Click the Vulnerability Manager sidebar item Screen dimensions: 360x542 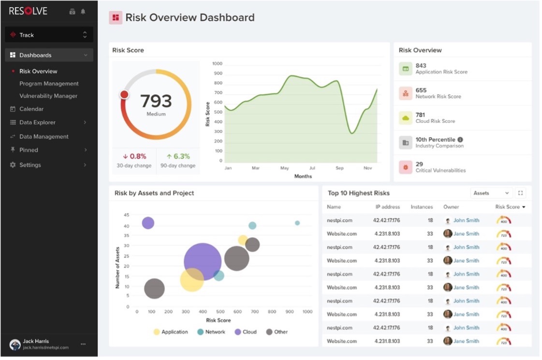(x=48, y=96)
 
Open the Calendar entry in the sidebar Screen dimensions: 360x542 (x=31, y=109)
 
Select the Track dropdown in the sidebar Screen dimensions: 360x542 (x=49, y=35)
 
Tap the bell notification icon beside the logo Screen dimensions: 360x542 (x=83, y=12)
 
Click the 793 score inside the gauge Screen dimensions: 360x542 (x=156, y=101)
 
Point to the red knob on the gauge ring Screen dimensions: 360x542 (x=124, y=95)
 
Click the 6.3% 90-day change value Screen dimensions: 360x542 (x=178, y=157)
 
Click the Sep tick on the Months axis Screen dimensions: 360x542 (x=339, y=168)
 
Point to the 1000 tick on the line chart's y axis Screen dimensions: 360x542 (x=217, y=64)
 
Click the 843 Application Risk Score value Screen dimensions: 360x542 (x=421, y=66)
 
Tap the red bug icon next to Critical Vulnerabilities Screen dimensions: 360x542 (x=405, y=167)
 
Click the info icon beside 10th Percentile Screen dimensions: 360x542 (x=460, y=140)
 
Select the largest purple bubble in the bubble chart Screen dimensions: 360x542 (x=203, y=262)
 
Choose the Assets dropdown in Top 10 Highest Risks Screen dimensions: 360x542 (x=491, y=193)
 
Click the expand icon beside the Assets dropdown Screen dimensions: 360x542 (x=520, y=193)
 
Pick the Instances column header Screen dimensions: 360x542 (x=422, y=207)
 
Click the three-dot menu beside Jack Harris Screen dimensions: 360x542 (x=83, y=344)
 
